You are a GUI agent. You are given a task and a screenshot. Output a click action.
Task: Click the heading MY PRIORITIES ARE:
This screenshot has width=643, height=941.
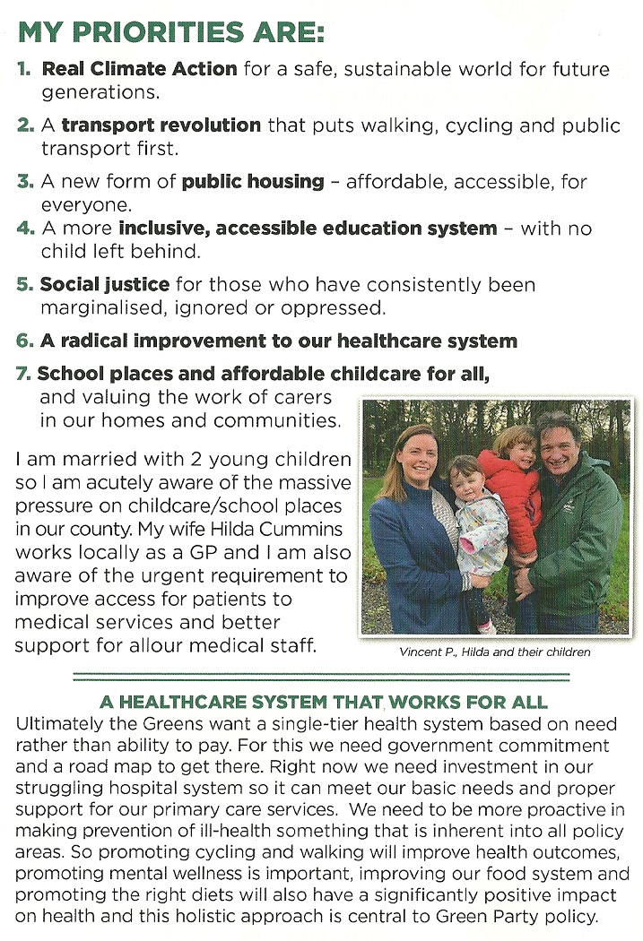coord(170,34)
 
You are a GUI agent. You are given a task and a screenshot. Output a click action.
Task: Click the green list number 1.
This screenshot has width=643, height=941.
coord(26,70)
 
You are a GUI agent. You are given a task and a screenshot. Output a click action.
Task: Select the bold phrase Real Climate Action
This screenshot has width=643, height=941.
coord(140,69)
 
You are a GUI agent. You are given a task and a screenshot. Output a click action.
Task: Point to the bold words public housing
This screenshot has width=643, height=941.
coord(253,182)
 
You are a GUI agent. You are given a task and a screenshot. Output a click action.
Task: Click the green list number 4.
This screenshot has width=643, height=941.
coord(25,229)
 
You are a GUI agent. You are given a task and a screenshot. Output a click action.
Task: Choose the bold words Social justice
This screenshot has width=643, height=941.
coord(105,285)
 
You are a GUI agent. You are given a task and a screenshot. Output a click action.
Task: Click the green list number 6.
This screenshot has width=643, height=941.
coord(25,341)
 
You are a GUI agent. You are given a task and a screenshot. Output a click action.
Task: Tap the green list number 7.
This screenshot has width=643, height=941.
coord(26,374)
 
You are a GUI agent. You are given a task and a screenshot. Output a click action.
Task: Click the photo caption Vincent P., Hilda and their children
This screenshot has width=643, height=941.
coord(494,652)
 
